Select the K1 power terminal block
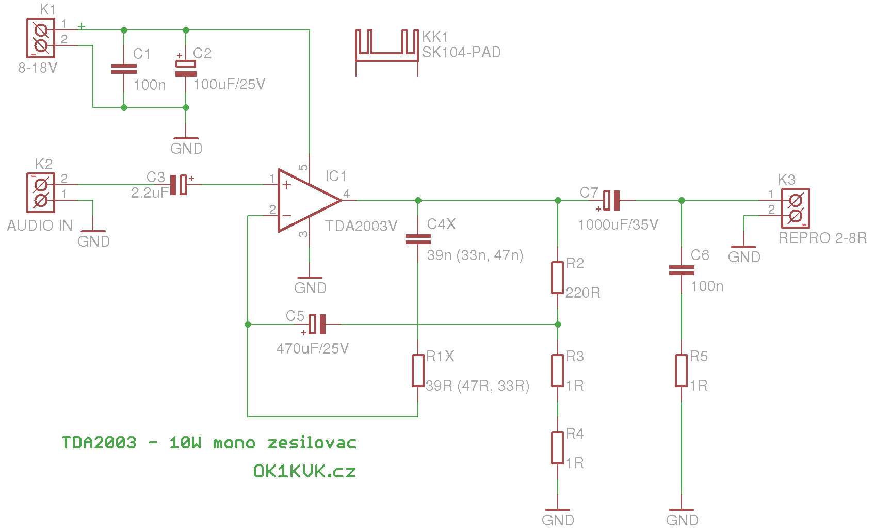pyautogui.click(x=41, y=38)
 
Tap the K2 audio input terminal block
pyautogui.click(x=41, y=192)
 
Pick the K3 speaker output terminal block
pyautogui.click(x=796, y=208)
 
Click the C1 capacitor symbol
pyautogui.click(x=124, y=69)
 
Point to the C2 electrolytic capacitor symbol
pyautogui.click(x=186, y=69)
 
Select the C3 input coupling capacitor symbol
pyautogui.click(x=179, y=184)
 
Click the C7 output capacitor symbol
pyautogui.click(x=611, y=200)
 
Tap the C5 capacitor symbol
pyautogui.click(x=317, y=324)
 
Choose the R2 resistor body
pyautogui.click(x=557, y=278)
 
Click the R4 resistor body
pyautogui.click(x=557, y=448)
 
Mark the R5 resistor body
pyautogui.click(x=681, y=371)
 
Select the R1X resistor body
pyautogui.click(x=418, y=371)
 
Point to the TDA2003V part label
pyautogui.click(x=361, y=226)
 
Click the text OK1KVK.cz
pyautogui.click(x=305, y=471)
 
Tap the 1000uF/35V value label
pyautogui.click(x=618, y=224)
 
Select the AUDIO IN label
pyautogui.click(x=40, y=226)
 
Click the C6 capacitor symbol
pyautogui.click(x=681, y=270)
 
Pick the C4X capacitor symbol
pyautogui.click(x=418, y=239)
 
